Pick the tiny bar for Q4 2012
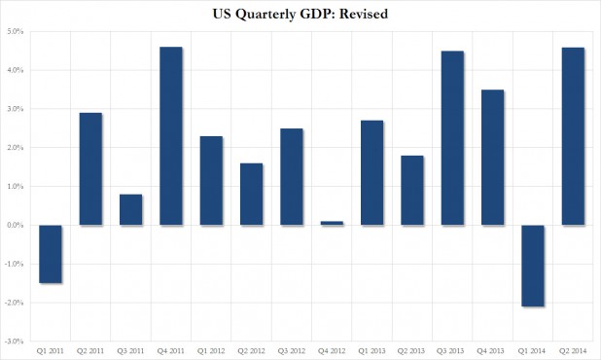332,223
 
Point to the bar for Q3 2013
453,138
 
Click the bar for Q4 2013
493,158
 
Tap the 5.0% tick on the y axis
15,31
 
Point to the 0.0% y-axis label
15,226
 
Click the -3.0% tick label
14,342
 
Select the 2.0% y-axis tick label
15,148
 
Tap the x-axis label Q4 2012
332,350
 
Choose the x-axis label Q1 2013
371,350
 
